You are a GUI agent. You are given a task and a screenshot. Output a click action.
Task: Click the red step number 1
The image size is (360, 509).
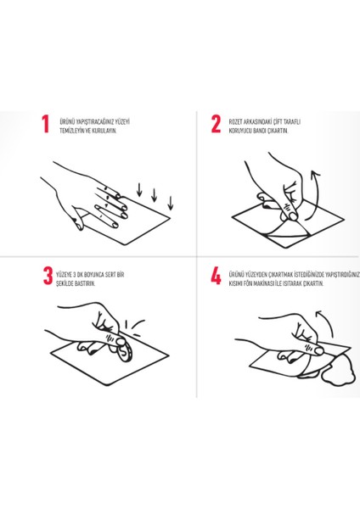click(x=46, y=124)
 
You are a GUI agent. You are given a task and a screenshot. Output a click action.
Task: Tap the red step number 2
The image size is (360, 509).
click(x=216, y=124)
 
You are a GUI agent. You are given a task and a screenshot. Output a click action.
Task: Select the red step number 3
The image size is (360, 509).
click(x=48, y=276)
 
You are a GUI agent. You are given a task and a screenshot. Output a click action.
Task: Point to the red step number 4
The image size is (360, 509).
click(x=216, y=276)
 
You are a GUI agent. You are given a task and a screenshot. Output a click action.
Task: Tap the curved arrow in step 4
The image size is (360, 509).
click(x=328, y=319)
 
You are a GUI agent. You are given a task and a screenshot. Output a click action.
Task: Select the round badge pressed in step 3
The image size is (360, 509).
click(x=126, y=353)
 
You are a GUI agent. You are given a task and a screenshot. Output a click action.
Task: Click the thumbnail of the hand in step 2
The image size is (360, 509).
click(x=293, y=215)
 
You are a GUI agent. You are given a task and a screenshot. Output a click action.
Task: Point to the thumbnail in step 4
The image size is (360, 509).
click(x=318, y=350)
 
